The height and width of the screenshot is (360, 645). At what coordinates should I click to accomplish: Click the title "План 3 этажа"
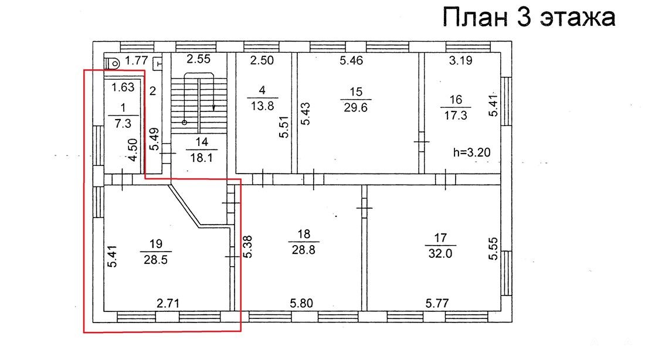point(528,17)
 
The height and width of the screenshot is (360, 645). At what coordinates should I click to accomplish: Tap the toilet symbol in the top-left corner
point(111,63)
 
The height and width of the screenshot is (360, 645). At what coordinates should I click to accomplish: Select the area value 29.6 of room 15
point(356,108)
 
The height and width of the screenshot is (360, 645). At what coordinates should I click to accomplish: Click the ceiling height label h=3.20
point(471,152)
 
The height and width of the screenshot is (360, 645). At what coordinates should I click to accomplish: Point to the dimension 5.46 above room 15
point(351,60)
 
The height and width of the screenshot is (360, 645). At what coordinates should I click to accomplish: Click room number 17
point(440,238)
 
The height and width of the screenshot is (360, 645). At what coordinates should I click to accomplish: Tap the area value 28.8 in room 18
point(304,250)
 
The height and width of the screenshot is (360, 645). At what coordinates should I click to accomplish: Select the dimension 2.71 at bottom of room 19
point(168,304)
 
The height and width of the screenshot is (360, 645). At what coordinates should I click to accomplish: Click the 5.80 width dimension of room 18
point(301,304)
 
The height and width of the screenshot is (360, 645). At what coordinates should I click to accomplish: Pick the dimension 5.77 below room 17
point(437,304)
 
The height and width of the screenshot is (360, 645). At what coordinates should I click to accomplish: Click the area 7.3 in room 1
point(123,123)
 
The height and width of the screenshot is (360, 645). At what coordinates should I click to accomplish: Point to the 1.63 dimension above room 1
point(123,87)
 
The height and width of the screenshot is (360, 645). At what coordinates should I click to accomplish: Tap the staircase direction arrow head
point(214,108)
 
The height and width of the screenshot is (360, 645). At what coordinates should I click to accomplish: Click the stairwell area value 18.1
point(201,158)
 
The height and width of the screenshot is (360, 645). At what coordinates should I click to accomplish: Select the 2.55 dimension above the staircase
point(198,59)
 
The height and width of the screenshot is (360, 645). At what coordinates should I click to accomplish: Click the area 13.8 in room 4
point(263,106)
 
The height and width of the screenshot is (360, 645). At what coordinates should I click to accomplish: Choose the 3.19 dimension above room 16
point(461,60)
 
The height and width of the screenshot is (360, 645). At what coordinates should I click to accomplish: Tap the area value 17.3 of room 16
point(456,115)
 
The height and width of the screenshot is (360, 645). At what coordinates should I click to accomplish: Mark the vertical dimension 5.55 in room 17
point(493,249)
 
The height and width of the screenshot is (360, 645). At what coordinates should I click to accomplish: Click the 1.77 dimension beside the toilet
point(136,61)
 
